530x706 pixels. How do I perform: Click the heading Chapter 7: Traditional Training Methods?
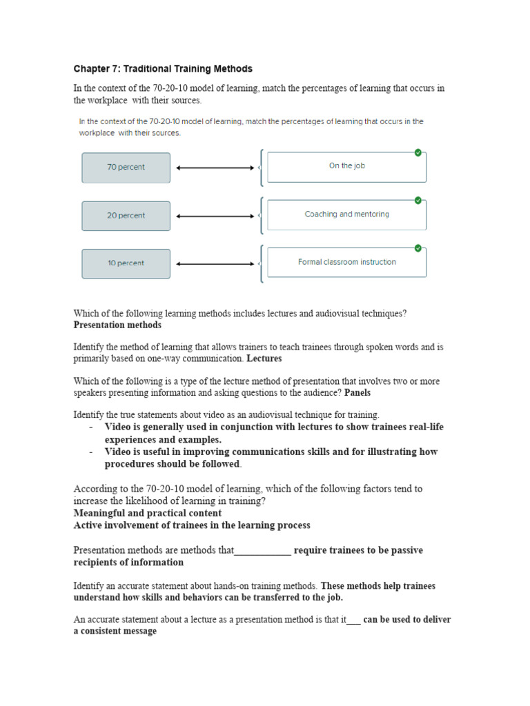(x=163, y=69)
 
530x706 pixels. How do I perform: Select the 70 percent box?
(x=126, y=168)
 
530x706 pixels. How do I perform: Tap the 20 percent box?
(x=126, y=216)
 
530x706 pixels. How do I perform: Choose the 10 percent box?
(x=126, y=263)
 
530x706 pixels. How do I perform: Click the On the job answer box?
(x=346, y=167)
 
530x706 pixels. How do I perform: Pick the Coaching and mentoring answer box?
(x=346, y=214)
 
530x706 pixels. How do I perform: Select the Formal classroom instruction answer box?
(x=346, y=263)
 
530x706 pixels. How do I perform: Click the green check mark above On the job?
(x=418, y=152)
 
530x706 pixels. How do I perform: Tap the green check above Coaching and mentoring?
(x=418, y=200)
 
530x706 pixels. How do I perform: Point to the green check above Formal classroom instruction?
(x=418, y=248)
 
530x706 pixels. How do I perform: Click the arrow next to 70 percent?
(x=215, y=168)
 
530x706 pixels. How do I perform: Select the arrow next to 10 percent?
(x=215, y=263)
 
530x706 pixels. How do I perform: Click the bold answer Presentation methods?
(x=117, y=325)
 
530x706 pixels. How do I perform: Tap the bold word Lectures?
(x=264, y=359)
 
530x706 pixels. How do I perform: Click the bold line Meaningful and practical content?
(x=148, y=513)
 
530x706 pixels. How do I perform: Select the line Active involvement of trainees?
(x=192, y=525)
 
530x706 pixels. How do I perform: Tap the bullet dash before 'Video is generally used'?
(x=91, y=427)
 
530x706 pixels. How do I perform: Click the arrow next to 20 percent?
(x=215, y=216)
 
